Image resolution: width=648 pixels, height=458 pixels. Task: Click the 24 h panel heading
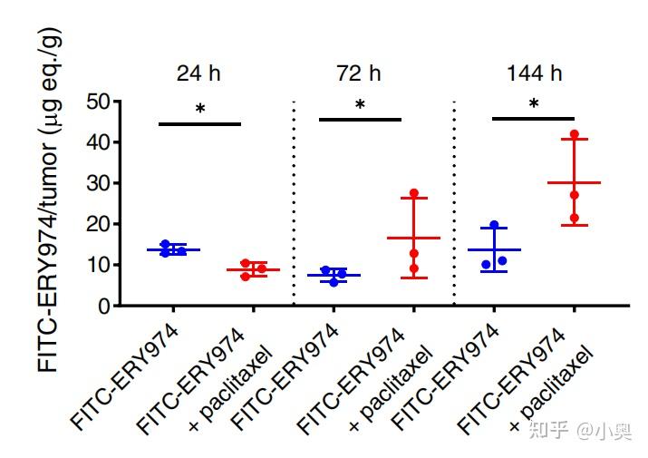pos(199,73)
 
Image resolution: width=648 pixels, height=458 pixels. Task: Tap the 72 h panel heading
pos(360,73)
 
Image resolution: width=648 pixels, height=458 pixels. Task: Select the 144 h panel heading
pos(534,73)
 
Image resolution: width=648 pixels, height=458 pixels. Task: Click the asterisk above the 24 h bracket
pos(200,109)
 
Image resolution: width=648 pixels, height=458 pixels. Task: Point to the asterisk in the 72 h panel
pos(360,105)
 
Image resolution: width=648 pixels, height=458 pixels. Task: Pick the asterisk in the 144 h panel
pos(534,104)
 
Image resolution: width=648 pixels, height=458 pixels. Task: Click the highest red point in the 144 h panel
pos(574,134)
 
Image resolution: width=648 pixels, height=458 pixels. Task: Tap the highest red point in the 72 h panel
pos(414,193)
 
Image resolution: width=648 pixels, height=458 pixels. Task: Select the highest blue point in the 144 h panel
pos(495,225)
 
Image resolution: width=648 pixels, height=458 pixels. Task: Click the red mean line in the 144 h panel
pos(574,182)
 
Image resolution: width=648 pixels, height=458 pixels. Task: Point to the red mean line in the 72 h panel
pos(414,238)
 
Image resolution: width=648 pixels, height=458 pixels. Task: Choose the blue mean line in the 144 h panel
pos(494,249)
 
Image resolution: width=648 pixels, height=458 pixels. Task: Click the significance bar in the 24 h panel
pos(200,123)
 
